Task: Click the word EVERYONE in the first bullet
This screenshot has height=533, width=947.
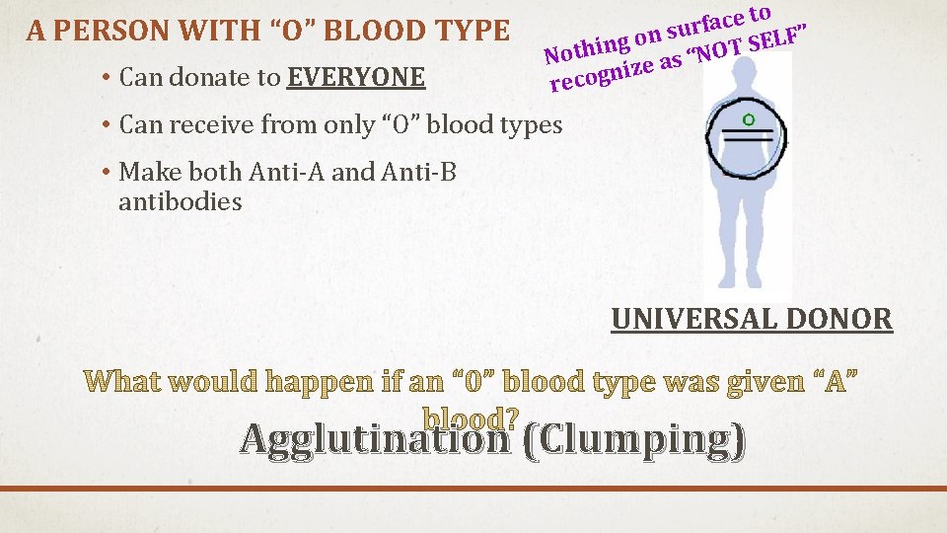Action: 356,76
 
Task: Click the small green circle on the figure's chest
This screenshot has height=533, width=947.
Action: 749,119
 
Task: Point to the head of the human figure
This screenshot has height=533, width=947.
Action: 746,76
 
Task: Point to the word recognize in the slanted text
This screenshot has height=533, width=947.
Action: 604,74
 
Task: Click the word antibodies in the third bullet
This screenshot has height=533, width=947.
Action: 180,202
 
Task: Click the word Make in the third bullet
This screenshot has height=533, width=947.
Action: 143,172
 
